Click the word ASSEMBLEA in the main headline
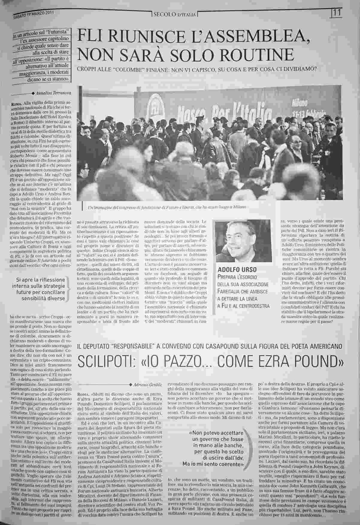(x=251, y=37)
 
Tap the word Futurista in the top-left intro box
(x=60, y=31)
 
